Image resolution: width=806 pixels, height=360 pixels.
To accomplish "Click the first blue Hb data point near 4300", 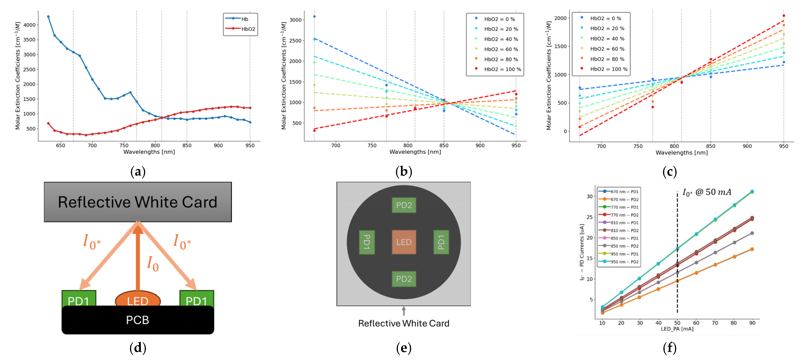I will [48, 17].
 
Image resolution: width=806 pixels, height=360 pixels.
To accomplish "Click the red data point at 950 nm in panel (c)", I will [783, 16].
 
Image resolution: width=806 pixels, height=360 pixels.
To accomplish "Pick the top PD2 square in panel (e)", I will [404, 205].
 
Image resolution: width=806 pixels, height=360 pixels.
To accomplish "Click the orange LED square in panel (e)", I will [404, 242].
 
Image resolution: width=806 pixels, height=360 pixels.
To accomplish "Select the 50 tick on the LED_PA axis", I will [677, 323].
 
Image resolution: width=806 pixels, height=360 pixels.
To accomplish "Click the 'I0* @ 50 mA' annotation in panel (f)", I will [706, 192].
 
